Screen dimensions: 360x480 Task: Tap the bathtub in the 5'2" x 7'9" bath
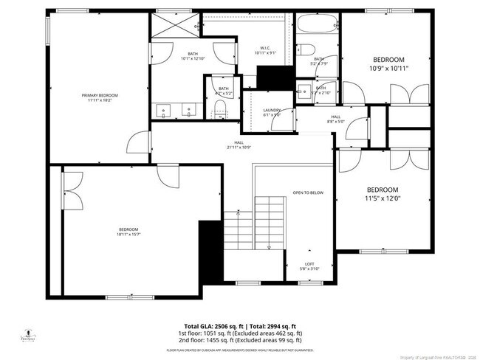[318, 31]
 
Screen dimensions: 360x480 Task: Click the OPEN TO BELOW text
[308, 193]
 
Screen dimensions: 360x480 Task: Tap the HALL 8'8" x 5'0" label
[335, 118]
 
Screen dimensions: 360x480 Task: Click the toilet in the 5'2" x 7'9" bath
[308, 50]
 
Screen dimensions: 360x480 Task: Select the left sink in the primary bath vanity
[164, 111]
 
